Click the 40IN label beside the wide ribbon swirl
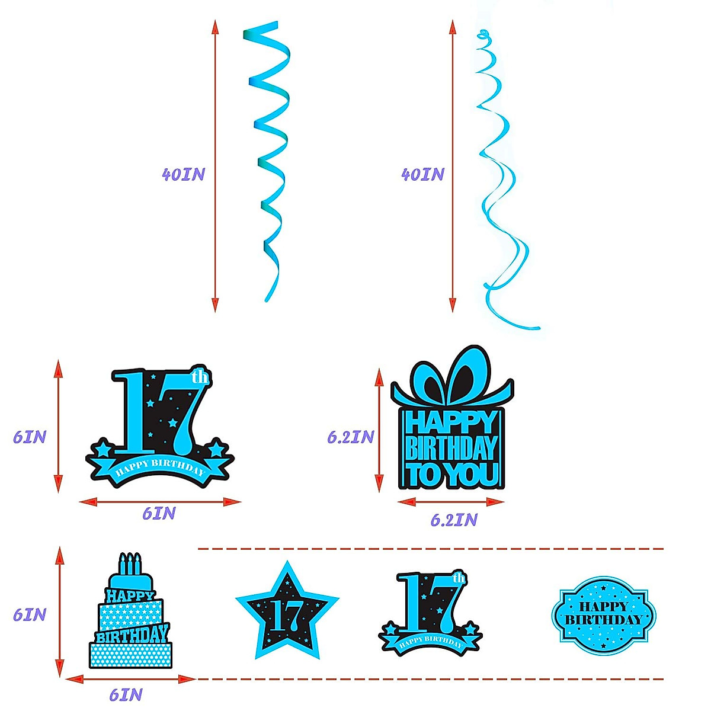click(183, 174)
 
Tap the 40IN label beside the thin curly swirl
click(422, 174)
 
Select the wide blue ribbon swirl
click(270, 160)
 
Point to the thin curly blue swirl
click(501, 178)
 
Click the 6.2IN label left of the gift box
click(351, 437)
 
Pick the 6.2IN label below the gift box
click(453, 520)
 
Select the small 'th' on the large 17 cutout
click(200, 377)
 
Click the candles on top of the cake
click(130, 563)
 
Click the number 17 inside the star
click(287, 616)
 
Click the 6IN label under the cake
click(126, 694)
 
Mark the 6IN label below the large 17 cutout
click(159, 513)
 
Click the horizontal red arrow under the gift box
click(451, 502)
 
